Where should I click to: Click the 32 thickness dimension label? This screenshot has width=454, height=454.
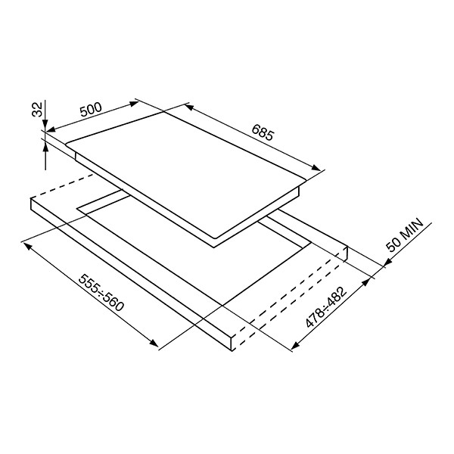37,109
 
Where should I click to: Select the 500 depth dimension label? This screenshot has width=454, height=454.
91,110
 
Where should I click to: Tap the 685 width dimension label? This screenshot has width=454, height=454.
263,132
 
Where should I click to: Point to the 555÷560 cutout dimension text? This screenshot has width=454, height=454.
101,293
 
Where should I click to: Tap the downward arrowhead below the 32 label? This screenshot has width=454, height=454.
45,123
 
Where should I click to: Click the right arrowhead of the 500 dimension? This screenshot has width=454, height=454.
134,104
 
